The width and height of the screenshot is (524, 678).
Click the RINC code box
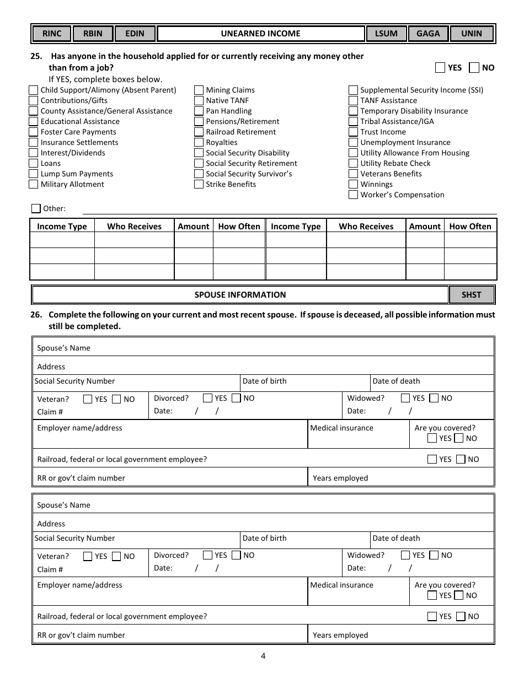(52, 34)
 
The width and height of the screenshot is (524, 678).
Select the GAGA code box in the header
(428, 34)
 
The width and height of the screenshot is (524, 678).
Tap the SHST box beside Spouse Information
(471, 295)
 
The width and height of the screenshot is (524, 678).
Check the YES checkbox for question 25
(440, 68)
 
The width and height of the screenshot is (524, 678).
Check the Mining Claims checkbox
(199, 90)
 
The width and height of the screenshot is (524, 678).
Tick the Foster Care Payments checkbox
(34, 132)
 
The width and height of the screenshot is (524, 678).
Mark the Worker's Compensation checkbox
(353, 195)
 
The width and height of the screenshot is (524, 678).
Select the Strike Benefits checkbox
(199, 185)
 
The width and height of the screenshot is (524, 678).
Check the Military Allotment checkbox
(34, 185)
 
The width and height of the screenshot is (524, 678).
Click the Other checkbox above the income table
(36, 208)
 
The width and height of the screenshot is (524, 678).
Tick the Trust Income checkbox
(353, 132)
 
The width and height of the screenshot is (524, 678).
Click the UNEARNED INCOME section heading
(260, 34)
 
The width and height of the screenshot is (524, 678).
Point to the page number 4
(263, 656)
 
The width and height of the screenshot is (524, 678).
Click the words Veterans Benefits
(391, 174)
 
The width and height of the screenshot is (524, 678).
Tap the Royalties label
(221, 143)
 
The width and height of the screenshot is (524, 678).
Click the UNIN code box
(471, 34)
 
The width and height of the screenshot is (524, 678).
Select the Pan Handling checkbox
(199, 111)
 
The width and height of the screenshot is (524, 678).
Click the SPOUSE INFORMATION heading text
(240, 295)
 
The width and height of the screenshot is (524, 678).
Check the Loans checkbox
(34, 164)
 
